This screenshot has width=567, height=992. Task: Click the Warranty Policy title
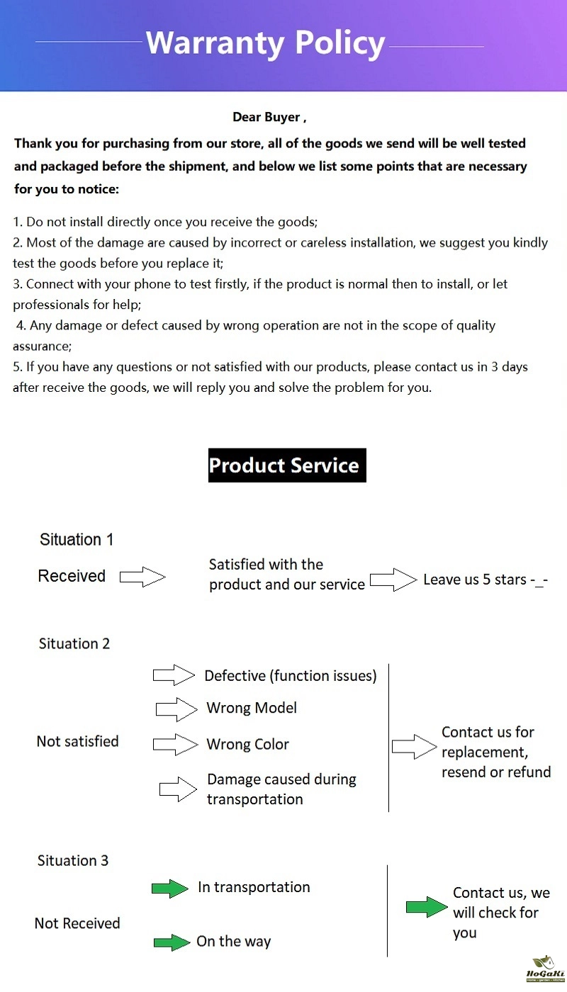pos(265,44)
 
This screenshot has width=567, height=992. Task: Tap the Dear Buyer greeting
pos(269,117)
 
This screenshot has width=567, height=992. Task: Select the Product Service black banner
pos(287,466)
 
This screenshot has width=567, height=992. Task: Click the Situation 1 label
pos(77,539)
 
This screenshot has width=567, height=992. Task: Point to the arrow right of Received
pos(142,577)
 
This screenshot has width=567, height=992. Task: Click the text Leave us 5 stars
pos(485,580)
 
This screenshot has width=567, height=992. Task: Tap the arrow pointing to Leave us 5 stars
pos(393,580)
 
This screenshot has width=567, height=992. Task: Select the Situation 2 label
pos(74,643)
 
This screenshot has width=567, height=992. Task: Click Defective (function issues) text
pos(291,676)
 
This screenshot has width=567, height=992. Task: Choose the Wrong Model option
pos(252,708)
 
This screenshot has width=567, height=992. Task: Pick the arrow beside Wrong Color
pos(175,744)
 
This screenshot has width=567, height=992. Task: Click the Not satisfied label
pos(77,741)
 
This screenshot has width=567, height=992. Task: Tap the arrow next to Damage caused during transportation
pos(178,789)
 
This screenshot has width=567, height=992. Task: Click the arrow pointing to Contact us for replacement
pos(414,746)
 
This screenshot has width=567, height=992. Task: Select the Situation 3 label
pos(73,860)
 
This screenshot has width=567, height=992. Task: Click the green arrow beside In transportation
pos(170,889)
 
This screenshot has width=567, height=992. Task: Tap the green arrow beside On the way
pos(172,942)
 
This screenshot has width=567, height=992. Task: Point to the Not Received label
pos(77,923)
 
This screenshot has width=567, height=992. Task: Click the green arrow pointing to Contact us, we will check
pos(427,907)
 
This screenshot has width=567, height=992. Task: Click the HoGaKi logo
pos(542,969)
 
